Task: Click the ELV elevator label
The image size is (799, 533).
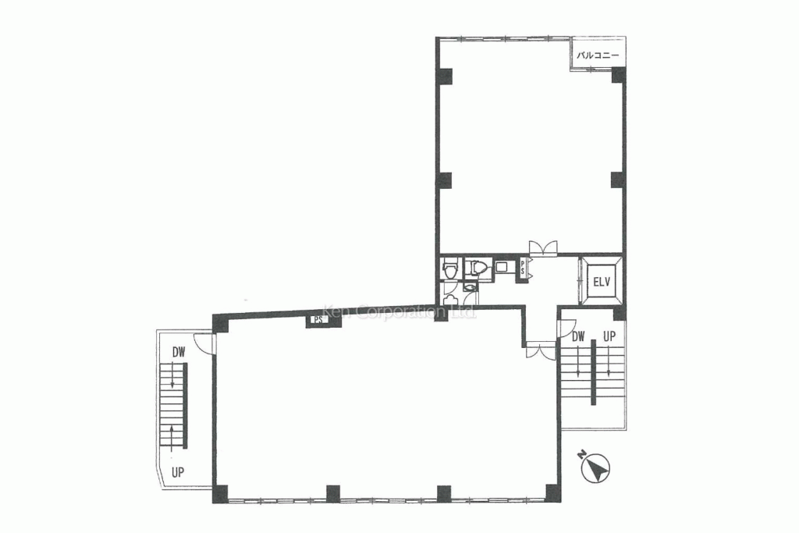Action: [x=601, y=281]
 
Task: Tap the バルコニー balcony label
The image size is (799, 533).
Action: [x=598, y=55]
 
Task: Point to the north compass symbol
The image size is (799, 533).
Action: [x=595, y=468]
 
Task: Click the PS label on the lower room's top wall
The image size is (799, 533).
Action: [x=318, y=319]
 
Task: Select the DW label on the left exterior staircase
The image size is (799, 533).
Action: [x=179, y=353]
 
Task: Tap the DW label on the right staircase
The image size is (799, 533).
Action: [x=578, y=337]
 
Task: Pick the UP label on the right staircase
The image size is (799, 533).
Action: [x=609, y=337]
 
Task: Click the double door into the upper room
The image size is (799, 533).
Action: [x=542, y=247]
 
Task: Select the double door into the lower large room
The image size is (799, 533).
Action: [x=538, y=350]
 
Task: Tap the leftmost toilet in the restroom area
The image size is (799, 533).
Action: [x=449, y=269]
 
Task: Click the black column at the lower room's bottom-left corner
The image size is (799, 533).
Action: [x=221, y=493]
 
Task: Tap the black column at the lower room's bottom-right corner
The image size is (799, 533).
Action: [x=552, y=493]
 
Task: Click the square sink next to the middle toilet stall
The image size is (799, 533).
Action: [x=500, y=267]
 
